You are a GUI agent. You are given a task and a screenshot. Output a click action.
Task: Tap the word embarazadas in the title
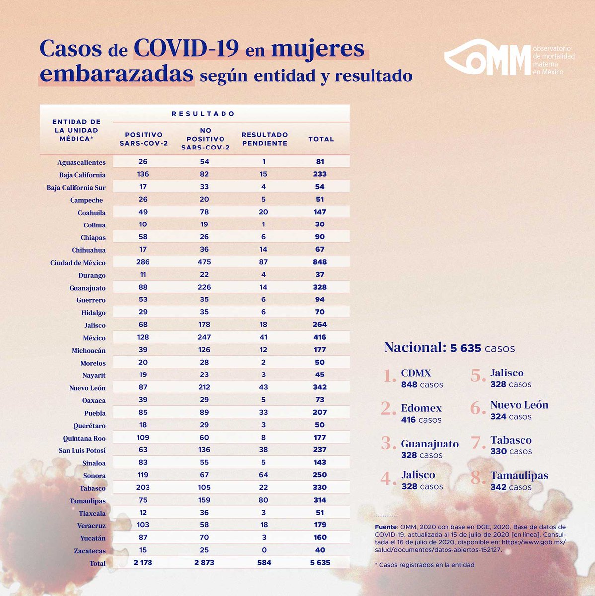[116, 74]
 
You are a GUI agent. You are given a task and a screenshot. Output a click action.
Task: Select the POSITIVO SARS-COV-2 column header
[144, 139]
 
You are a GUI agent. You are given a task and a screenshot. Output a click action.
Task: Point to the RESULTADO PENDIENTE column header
[264, 139]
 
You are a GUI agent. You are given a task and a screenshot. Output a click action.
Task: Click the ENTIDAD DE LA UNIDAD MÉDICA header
[76, 130]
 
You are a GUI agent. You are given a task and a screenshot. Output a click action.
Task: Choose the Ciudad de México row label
[77, 263]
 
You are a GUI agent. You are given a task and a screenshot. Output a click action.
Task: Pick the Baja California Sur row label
[76, 188]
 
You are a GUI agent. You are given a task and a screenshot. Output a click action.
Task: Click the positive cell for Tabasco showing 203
[143, 488]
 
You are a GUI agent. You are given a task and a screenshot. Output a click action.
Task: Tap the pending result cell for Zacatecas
[264, 550]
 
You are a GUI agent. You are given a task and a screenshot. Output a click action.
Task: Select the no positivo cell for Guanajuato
[204, 287]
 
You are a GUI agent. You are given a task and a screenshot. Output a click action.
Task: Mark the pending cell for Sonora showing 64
[263, 475]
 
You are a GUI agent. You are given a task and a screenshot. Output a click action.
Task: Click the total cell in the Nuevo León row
[320, 387]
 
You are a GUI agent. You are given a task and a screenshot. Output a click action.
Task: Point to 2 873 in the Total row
[204, 563]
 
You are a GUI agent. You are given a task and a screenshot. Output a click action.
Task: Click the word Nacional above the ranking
[414, 347]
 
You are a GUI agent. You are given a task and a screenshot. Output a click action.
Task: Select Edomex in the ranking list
[421, 408]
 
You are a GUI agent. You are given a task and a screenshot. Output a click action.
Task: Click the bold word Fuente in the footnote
[386, 527]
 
